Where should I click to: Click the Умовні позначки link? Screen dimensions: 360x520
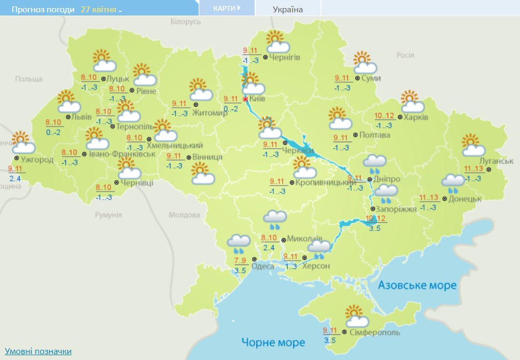(x=38, y=351)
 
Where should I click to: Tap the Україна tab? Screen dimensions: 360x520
(x=287, y=9)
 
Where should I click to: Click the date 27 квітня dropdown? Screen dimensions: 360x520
(x=101, y=10)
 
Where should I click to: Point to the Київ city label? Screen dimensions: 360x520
(x=257, y=99)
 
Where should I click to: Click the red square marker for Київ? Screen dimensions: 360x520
(x=246, y=99)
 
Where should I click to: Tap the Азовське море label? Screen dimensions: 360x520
(x=417, y=285)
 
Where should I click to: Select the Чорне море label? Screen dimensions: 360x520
(x=273, y=342)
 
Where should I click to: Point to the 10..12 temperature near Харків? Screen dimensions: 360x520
(x=384, y=116)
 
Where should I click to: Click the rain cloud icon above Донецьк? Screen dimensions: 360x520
(x=453, y=183)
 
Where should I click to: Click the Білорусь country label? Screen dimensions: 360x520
(x=185, y=21)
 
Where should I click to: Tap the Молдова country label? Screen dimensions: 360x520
(x=184, y=215)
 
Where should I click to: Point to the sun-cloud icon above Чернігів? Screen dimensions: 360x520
(x=278, y=42)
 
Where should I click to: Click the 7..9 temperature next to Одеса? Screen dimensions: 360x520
(x=240, y=261)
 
